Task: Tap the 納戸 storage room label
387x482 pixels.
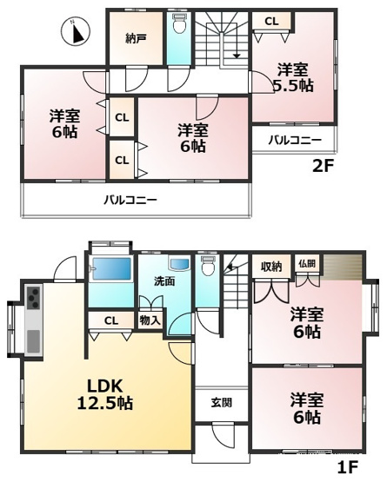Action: click(135, 38)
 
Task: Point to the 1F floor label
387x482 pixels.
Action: click(347, 467)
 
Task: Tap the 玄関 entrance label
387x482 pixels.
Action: click(221, 402)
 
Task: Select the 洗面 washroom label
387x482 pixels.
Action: click(164, 281)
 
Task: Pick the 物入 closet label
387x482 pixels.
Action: click(150, 320)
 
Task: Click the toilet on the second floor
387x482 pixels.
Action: click(179, 26)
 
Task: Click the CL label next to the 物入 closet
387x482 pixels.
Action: click(110, 320)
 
